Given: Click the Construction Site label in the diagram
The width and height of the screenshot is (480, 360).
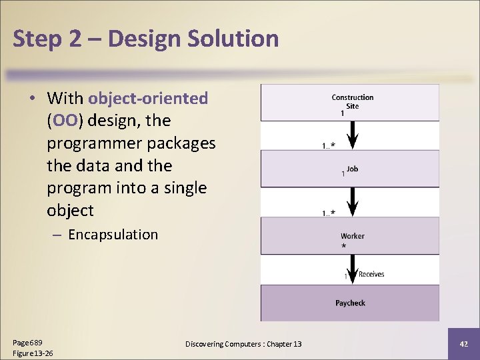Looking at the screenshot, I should click(352, 101).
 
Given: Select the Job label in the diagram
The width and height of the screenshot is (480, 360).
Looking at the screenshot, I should click(352, 169).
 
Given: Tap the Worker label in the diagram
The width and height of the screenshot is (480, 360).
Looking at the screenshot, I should click(352, 236).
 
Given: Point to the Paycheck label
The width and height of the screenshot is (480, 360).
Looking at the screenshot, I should click(350, 303).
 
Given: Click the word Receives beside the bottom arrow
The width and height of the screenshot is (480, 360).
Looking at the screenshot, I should click(371, 274).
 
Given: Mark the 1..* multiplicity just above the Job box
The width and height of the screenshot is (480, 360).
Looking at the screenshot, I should click(329, 145).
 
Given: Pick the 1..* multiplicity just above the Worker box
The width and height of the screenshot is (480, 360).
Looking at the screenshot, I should click(329, 213).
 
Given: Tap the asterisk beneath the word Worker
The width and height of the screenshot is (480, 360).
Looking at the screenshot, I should click(344, 247).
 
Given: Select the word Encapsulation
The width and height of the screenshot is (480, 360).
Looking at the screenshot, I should click(113, 235).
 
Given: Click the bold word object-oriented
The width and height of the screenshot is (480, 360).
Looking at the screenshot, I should click(148, 99).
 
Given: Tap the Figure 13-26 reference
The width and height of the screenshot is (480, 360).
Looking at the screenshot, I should click(33, 353).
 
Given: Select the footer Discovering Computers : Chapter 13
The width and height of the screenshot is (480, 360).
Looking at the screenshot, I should click(243, 344).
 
